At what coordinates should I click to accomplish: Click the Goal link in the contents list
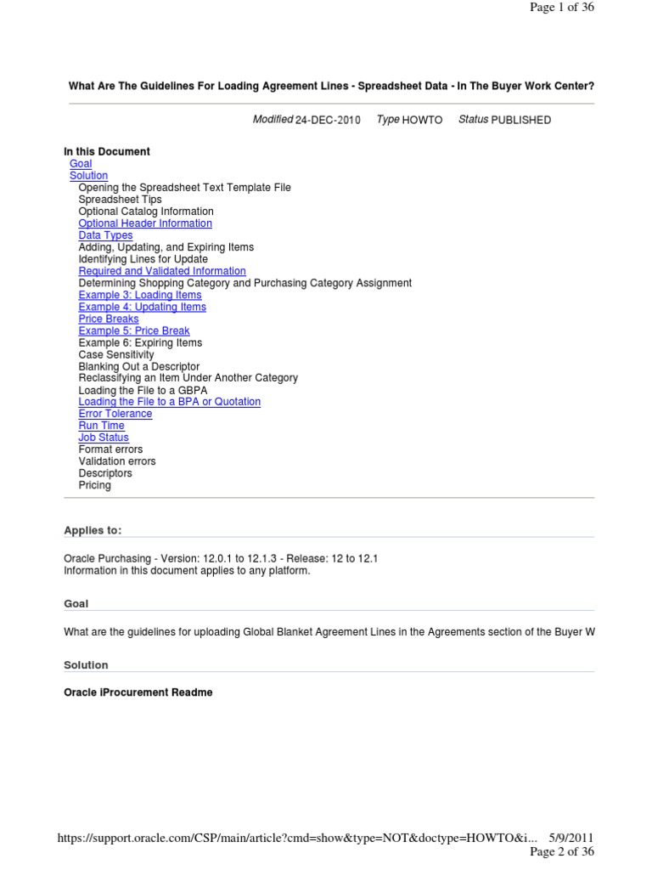(x=81, y=164)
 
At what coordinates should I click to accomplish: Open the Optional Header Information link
(x=145, y=223)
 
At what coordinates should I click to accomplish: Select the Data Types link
(x=105, y=235)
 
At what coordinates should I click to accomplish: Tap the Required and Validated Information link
(x=162, y=271)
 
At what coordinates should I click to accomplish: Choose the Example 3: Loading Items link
(x=140, y=295)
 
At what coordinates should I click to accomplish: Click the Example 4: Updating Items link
(x=142, y=307)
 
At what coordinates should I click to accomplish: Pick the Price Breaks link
(x=109, y=319)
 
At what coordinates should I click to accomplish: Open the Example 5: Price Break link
(x=134, y=330)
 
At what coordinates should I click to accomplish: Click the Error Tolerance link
(x=115, y=414)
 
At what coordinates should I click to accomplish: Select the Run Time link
(x=101, y=426)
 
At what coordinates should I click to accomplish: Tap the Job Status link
(x=104, y=438)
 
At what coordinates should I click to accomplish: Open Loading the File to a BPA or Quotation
(x=170, y=402)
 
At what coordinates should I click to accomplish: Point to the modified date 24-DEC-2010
(x=328, y=121)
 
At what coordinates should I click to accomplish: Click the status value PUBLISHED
(x=520, y=121)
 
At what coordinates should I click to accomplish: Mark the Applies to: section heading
(x=93, y=531)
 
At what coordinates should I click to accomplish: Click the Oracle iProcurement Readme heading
(x=138, y=692)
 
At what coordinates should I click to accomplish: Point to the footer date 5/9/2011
(x=571, y=838)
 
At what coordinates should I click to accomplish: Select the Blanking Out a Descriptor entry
(x=139, y=366)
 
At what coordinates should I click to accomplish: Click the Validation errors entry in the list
(x=117, y=461)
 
